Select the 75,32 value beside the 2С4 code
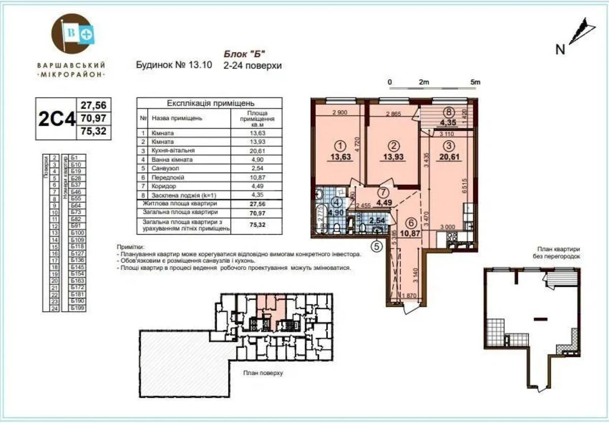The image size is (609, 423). click(93, 133)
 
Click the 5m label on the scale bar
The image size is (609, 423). click(475, 82)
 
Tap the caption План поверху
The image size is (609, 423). click(262, 373)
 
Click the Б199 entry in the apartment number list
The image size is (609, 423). click(78, 308)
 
